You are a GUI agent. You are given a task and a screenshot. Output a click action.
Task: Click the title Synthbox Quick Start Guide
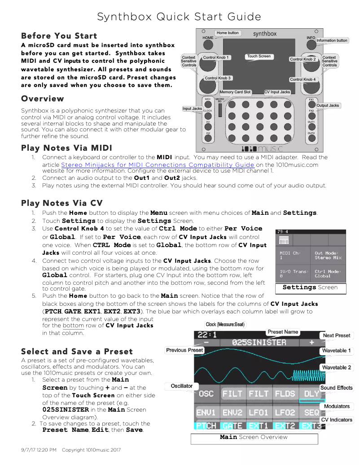179,17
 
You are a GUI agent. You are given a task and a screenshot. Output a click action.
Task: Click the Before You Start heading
59,36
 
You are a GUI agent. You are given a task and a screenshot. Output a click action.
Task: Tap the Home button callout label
228,33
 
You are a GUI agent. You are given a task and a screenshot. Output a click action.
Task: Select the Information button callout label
332,40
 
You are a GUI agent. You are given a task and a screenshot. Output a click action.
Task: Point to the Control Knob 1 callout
216,57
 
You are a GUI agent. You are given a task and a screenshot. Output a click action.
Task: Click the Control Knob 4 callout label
303,79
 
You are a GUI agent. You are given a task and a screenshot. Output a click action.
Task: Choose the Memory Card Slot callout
235,92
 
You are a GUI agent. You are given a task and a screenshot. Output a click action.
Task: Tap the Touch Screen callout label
259,56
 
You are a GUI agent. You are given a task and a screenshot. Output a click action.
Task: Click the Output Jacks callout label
328,105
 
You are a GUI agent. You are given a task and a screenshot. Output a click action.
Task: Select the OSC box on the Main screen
206,394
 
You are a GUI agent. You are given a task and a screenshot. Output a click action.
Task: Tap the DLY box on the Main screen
312,394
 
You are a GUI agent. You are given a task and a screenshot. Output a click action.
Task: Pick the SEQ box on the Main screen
312,412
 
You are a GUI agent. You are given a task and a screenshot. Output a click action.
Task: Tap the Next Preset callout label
337,335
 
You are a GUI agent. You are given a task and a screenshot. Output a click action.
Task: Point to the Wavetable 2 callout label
337,368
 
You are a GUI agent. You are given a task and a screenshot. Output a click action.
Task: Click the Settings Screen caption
310,287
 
